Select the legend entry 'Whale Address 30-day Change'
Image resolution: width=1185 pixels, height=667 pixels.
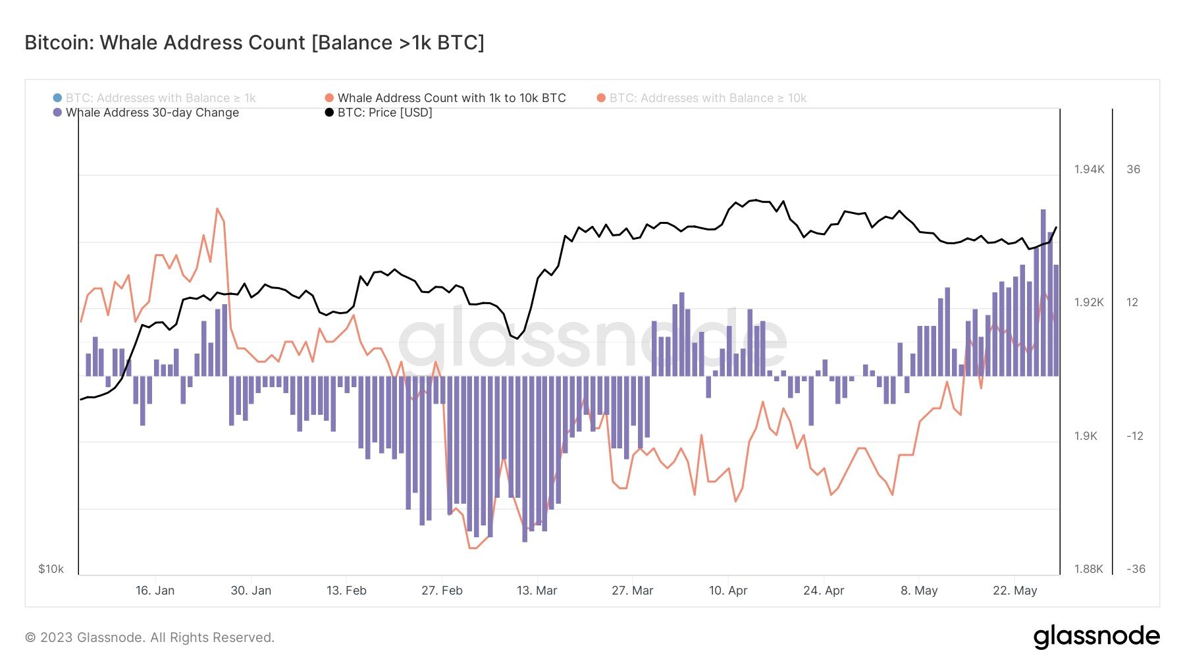(x=152, y=113)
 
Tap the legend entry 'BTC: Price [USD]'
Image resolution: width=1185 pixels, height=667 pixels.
(x=384, y=113)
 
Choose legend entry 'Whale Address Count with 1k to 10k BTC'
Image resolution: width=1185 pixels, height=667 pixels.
(x=451, y=98)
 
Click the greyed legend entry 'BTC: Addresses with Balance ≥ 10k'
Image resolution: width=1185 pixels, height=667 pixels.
(x=707, y=98)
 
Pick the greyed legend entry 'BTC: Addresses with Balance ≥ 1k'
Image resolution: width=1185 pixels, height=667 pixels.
(x=160, y=98)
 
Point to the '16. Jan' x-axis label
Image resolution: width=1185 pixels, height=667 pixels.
(x=155, y=591)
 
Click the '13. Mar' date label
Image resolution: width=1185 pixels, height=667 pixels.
(x=537, y=591)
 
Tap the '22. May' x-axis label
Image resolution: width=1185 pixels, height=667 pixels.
(x=1014, y=591)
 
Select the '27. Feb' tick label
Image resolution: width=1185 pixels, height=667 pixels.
(x=442, y=591)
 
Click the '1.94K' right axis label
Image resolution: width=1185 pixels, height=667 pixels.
(x=1089, y=169)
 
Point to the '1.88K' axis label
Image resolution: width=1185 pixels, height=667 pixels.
(x=1088, y=569)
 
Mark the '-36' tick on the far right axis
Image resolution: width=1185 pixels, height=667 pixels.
(x=1136, y=569)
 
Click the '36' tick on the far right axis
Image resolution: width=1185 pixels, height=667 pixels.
(x=1133, y=169)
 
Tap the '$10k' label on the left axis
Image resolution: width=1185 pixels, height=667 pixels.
(x=51, y=569)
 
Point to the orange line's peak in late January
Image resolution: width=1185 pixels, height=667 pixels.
(x=217, y=209)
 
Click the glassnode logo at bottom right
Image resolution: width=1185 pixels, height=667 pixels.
(x=1096, y=637)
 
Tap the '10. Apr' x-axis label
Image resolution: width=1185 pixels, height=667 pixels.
(x=727, y=591)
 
